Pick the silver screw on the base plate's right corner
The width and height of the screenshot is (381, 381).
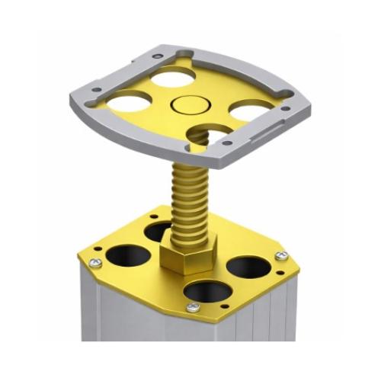(283, 256)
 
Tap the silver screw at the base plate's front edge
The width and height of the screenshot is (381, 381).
(194, 307)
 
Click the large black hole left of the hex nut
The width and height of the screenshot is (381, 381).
(126, 255)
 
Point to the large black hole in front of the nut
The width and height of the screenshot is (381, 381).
(204, 290)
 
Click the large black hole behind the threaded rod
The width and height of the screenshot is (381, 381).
(159, 230)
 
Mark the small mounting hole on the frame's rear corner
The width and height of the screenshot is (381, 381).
(157, 56)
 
